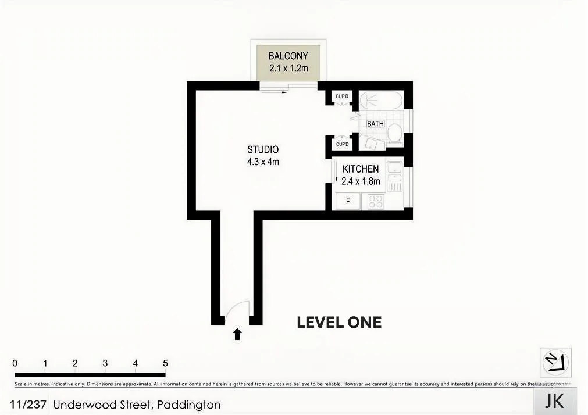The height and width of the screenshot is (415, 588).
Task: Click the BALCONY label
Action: click(288, 56)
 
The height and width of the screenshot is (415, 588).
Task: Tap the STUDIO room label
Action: click(263, 149)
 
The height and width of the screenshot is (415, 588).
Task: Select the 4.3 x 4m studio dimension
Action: click(263, 162)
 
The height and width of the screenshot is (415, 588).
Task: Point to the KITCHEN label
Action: click(361, 169)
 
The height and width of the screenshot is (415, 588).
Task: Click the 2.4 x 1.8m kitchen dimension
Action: click(361, 181)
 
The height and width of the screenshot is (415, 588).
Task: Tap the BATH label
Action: click(375, 124)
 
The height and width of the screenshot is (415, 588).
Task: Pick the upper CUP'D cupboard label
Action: click(342, 96)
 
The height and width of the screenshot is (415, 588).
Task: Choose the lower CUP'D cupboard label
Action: click(342, 144)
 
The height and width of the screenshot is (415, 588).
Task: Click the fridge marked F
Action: click(348, 202)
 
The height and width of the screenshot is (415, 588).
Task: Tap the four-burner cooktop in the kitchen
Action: click(376, 202)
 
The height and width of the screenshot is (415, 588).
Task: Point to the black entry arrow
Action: click(237, 334)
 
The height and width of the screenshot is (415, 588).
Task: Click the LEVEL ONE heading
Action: click(339, 322)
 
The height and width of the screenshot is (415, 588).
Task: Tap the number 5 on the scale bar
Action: click(165, 363)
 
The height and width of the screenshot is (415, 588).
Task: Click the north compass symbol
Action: click(555, 363)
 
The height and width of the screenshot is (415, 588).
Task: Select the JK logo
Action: click(555, 402)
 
